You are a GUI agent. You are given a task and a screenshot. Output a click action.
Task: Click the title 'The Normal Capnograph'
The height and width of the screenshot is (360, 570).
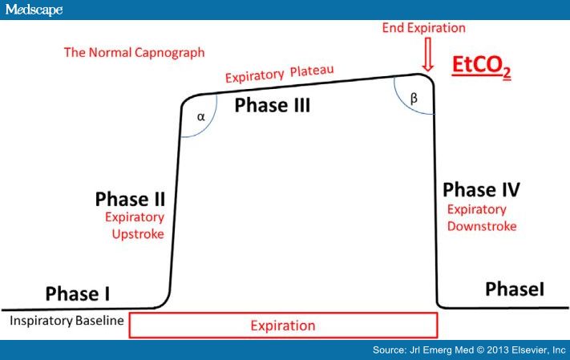pyautogui.click(x=135, y=53)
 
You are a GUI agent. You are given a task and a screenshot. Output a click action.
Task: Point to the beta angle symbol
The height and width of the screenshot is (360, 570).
pyautogui.click(x=414, y=98)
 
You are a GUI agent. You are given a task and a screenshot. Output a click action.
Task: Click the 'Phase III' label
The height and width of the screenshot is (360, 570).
pyautogui.click(x=272, y=105)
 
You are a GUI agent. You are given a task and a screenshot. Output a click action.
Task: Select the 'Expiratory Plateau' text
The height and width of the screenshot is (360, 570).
pyautogui.click(x=279, y=75)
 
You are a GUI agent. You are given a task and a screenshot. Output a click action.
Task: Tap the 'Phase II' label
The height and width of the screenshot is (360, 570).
pyautogui.click(x=129, y=198)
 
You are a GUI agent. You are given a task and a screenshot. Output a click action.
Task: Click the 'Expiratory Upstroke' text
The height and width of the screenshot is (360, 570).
pyautogui.click(x=136, y=225)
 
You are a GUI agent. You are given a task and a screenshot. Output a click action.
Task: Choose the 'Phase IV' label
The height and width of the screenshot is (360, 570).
pyautogui.click(x=481, y=190)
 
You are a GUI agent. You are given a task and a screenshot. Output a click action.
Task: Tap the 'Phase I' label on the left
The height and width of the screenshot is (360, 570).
pyautogui.click(x=78, y=293)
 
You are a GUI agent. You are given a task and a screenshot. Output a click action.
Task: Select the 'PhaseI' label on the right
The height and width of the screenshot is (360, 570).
pyautogui.click(x=515, y=289)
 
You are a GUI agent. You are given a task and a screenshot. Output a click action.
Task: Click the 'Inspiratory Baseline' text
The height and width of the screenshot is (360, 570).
pyautogui.click(x=67, y=322)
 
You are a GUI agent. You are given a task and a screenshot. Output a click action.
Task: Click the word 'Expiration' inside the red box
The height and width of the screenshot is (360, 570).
pyautogui.click(x=282, y=326)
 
